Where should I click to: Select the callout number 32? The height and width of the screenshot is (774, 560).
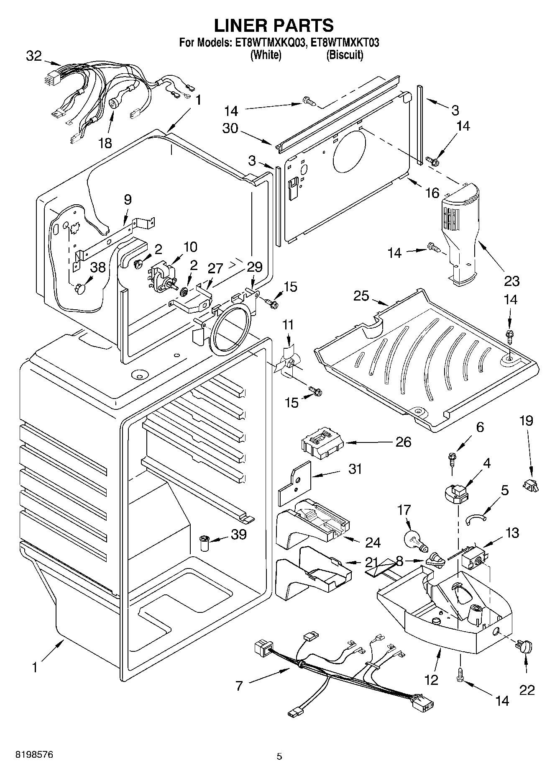pyautogui.click(x=34, y=56)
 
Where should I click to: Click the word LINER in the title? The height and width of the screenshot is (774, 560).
pyautogui.click(x=241, y=26)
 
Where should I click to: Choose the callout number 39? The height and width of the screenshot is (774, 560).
pyautogui.click(x=239, y=534)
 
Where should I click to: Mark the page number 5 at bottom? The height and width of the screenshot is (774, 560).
pyautogui.click(x=279, y=756)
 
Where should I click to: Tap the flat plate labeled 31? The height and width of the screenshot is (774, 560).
pyautogui.click(x=295, y=482)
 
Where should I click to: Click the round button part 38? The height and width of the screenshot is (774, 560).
pyautogui.click(x=81, y=289)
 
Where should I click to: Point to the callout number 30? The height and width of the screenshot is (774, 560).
pyautogui.click(x=230, y=128)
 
